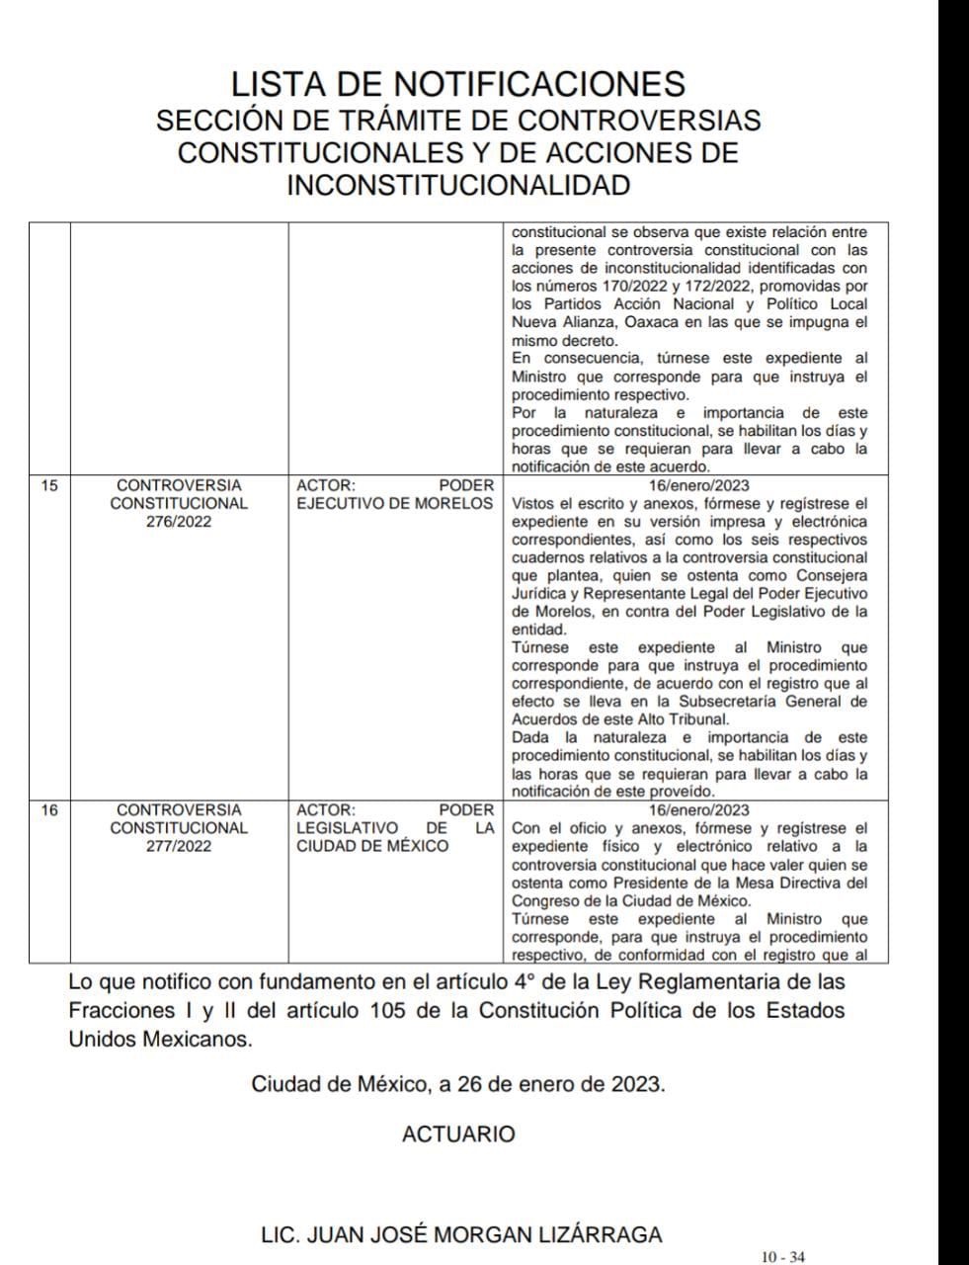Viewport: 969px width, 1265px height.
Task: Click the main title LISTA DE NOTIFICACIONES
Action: click(x=457, y=83)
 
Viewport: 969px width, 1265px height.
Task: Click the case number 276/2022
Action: click(x=179, y=522)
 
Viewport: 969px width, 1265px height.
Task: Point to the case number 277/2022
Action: click(x=179, y=846)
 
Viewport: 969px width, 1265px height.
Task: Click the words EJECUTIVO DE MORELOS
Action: click(x=394, y=503)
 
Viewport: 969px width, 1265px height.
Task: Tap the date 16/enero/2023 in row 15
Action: click(x=699, y=485)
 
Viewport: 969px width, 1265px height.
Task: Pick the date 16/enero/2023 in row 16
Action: click(x=699, y=809)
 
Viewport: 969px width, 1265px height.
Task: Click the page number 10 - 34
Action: click(x=782, y=1257)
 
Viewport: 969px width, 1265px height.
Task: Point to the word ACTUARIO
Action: click(x=458, y=1135)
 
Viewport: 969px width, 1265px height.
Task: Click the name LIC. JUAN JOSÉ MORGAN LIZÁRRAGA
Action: click(x=461, y=1234)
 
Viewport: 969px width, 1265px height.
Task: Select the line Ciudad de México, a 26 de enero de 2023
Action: click(x=458, y=1083)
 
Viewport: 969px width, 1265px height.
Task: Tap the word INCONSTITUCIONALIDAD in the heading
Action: click(x=457, y=185)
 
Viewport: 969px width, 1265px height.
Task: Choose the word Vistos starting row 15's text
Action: click(x=534, y=503)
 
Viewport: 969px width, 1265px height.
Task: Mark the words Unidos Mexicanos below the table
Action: click(x=160, y=1039)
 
